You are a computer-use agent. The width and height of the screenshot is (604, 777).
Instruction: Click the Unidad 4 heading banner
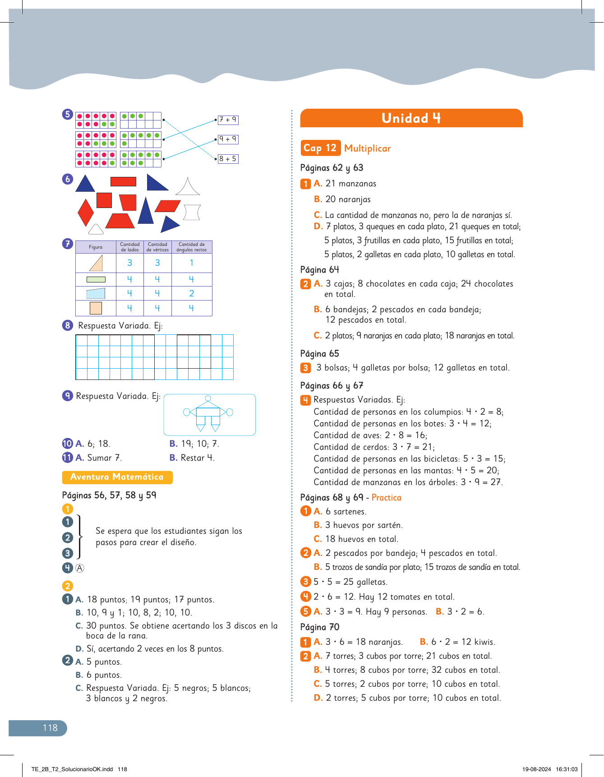(x=411, y=118)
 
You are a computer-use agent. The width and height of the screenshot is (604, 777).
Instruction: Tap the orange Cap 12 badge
(x=320, y=148)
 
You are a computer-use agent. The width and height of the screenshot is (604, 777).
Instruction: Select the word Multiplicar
(x=367, y=148)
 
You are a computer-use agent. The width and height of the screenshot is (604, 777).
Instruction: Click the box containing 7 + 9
(x=228, y=120)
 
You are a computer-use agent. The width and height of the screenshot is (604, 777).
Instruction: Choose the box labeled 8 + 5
(x=228, y=159)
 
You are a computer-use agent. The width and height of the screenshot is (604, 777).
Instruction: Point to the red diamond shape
(x=85, y=212)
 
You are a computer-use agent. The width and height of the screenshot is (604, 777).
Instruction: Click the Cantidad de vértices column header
(x=157, y=247)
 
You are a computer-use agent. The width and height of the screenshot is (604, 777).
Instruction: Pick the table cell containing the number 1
(x=192, y=263)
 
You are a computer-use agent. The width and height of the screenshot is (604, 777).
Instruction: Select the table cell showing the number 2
(x=192, y=294)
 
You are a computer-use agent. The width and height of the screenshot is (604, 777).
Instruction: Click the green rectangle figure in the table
(x=96, y=279)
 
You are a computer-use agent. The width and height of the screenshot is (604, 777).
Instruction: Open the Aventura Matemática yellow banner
(x=117, y=477)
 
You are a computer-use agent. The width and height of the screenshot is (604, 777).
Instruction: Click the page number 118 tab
(x=50, y=728)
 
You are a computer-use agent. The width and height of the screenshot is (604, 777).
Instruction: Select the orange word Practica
(x=386, y=498)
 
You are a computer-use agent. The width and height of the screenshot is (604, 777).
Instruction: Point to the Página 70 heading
(x=320, y=627)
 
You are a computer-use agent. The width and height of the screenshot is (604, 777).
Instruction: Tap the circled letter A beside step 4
(x=80, y=568)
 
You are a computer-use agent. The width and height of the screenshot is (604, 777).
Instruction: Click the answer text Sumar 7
(x=104, y=458)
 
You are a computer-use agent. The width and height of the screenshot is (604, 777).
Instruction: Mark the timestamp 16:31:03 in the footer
(x=567, y=769)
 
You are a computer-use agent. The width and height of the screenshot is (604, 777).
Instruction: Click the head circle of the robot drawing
(x=208, y=398)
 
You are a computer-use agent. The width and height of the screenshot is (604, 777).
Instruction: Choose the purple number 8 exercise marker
(x=68, y=325)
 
